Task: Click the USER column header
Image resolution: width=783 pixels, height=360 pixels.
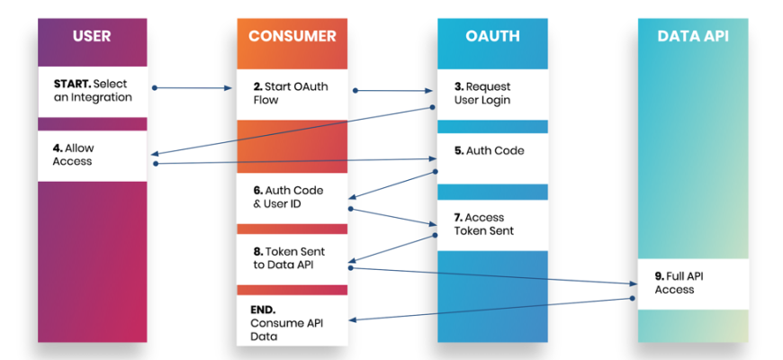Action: click(91, 37)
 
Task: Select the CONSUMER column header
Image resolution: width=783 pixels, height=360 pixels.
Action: click(292, 37)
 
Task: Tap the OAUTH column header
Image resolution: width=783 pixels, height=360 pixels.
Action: click(492, 37)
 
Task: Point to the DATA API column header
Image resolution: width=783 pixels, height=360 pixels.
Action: click(692, 37)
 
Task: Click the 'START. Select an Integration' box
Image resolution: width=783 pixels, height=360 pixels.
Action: click(91, 91)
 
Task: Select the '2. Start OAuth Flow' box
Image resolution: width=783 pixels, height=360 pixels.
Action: click(292, 94)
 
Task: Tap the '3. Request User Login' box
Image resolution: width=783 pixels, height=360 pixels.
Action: click(492, 94)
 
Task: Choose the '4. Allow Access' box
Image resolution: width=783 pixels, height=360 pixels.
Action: click(91, 155)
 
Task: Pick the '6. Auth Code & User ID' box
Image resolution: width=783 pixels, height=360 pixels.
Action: click(292, 198)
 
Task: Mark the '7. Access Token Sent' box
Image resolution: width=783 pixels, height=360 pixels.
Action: click(492, 224)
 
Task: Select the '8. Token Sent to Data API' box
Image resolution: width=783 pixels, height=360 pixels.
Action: click(292, 259)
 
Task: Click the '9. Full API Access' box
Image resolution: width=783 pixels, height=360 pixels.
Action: click(692, 283)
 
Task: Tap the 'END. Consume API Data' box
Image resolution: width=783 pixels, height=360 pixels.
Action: click(292, 321)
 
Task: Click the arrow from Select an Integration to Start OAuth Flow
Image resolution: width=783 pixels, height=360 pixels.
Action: click(193, 88)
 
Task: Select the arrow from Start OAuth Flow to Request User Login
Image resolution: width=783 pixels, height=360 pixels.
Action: click(392, 90)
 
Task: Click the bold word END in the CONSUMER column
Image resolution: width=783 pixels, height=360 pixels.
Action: click(263, 309)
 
